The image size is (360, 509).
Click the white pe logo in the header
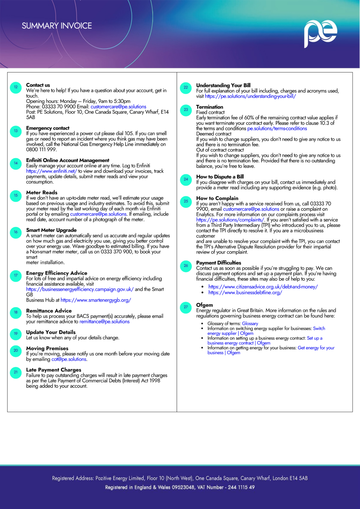(320, 33)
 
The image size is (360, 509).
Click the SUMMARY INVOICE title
(57, 26)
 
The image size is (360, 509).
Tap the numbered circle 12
(16, 87)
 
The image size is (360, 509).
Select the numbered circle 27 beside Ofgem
(186, 307)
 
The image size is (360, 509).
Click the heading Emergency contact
(48, 128)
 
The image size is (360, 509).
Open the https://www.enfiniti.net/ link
(51, 171)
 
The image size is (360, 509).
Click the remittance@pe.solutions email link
(104, 322)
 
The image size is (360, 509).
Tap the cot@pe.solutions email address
(69, 359)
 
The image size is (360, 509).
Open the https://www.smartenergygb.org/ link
(96, 300)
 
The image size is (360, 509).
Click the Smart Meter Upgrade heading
(51, 230)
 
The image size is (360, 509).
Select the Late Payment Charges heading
(54, 370)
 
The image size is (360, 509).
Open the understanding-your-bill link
(250, 96)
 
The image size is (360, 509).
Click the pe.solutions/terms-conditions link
(277, 129)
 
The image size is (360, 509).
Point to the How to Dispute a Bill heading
(220, 177)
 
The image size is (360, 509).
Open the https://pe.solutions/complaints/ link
(230, 220)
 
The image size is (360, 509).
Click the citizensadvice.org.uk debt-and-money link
(263, 287)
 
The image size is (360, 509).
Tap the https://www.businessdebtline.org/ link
(245, 293)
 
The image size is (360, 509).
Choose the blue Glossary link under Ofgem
(250, 324)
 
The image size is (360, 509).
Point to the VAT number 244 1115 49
(241, 487)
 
